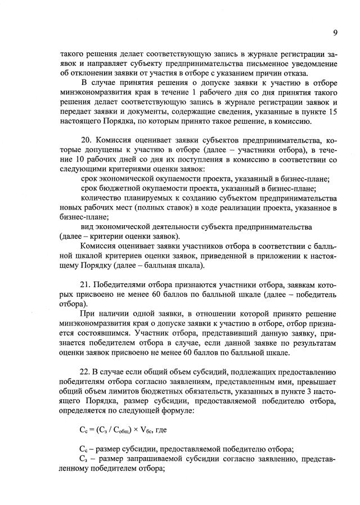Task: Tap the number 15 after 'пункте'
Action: pos(331,111)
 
